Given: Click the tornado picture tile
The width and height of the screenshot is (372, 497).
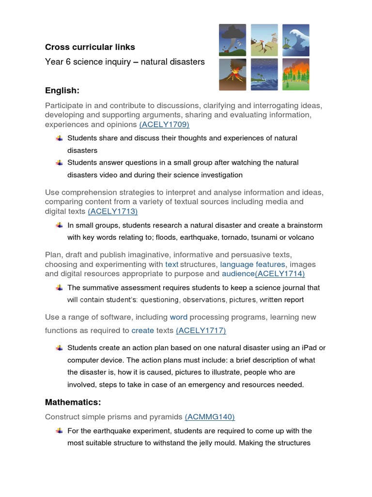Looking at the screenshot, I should pyautogui.click(x=232, y=40).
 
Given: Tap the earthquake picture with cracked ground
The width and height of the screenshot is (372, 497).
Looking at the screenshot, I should pyautogui.click(x=264, y=40).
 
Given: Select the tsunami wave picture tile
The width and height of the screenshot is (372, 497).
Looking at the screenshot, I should pyautogui.click(x=296, y=40).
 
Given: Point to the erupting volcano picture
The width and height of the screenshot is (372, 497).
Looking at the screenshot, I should pyautogui.click(x=232, y=74).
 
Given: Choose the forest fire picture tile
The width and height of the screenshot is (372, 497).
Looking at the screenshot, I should pyautogui.click(x=296, y=74).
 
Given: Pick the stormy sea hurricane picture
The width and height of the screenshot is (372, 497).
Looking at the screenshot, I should pyautogui.click(x=264, y=74).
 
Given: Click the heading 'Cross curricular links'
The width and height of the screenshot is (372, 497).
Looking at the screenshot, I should pyautogui.click(x=90, y=47).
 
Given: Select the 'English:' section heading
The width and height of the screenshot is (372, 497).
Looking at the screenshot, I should pyautogui.click(x=62, y=90).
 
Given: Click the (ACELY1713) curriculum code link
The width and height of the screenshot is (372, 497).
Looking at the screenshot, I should pyautogui.click(x=113, y=211).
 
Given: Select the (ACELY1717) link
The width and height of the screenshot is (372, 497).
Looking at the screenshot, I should pyautogui.click(x=201, y=331).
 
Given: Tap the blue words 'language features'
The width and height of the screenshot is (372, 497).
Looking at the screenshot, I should pyautogui.click(x=252, y=264).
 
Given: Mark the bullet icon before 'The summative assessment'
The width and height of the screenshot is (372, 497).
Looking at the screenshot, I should pyautogui.click(x=59, y=287).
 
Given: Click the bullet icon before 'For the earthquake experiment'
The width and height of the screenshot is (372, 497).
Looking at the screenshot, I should pyautogui.click(x=59, y=431).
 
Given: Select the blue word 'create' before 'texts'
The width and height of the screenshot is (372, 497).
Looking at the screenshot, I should pyautogui.click(x=142, y=331).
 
